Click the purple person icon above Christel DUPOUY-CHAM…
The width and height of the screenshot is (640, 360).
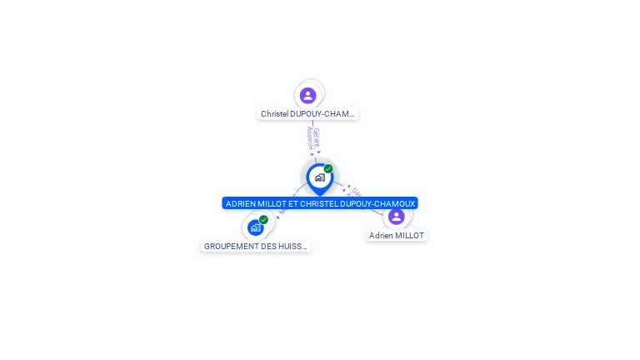coord(308,95)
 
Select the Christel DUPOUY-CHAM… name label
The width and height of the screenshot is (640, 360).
coord(307,113)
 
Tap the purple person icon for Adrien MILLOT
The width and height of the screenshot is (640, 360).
coord(396,217)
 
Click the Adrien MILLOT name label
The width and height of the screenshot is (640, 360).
coord(397,236)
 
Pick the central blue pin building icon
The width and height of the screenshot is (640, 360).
coord(319,177)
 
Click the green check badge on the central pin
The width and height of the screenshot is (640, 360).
coord(328,169)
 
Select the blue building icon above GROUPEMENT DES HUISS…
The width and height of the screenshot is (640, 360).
coord(255,227)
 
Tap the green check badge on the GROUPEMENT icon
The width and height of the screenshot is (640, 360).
coord(263,220)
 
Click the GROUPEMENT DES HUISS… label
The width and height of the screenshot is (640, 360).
coord(256,246)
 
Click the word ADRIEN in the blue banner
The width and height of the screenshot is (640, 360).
coord(240,203)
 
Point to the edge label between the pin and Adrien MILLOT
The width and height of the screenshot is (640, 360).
coord(355,193)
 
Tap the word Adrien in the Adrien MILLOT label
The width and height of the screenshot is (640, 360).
coord(382,236)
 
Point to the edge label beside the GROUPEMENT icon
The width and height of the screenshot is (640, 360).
coord(282,212)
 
